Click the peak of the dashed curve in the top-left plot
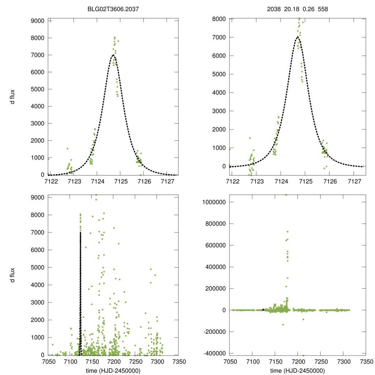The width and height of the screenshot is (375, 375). [113, 55]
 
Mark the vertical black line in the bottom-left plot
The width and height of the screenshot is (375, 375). [80, 293]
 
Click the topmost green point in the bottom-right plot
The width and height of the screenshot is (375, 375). [286, 194]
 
